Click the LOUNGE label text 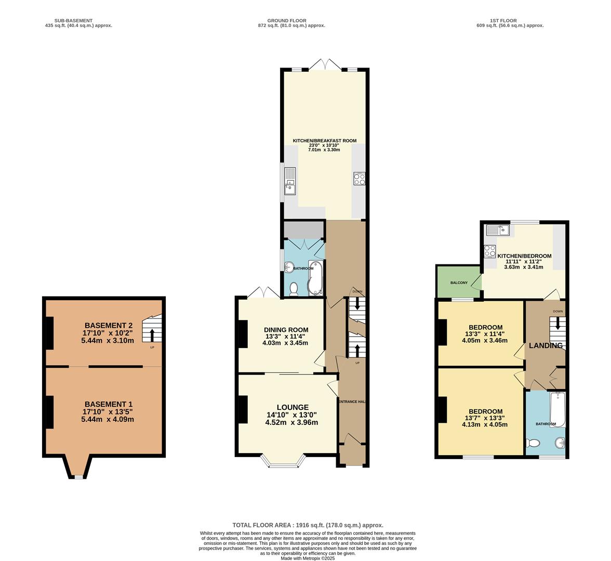click(x=292, y=407)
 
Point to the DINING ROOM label click(x=286, y=330)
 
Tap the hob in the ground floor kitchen click(x=359, y=178)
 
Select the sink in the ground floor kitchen click(x=289, y=181)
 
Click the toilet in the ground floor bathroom click(x=294, y=288)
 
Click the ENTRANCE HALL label click(x=353, y=402)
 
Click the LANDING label click(x=546, y=345)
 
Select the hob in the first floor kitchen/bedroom click(x=489, y=251)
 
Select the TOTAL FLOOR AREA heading click(x=308, y=525)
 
